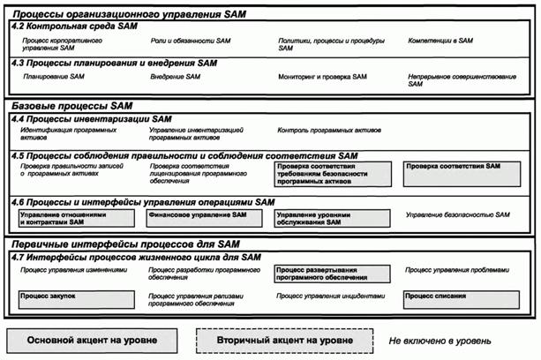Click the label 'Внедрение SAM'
click(x=176, y=78)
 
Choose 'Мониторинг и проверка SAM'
click(x=322, y=78)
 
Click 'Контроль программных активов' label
click(x=329, y=130)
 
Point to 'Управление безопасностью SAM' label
click(x=458, y=214)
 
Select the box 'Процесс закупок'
click(x=78, y=298)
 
